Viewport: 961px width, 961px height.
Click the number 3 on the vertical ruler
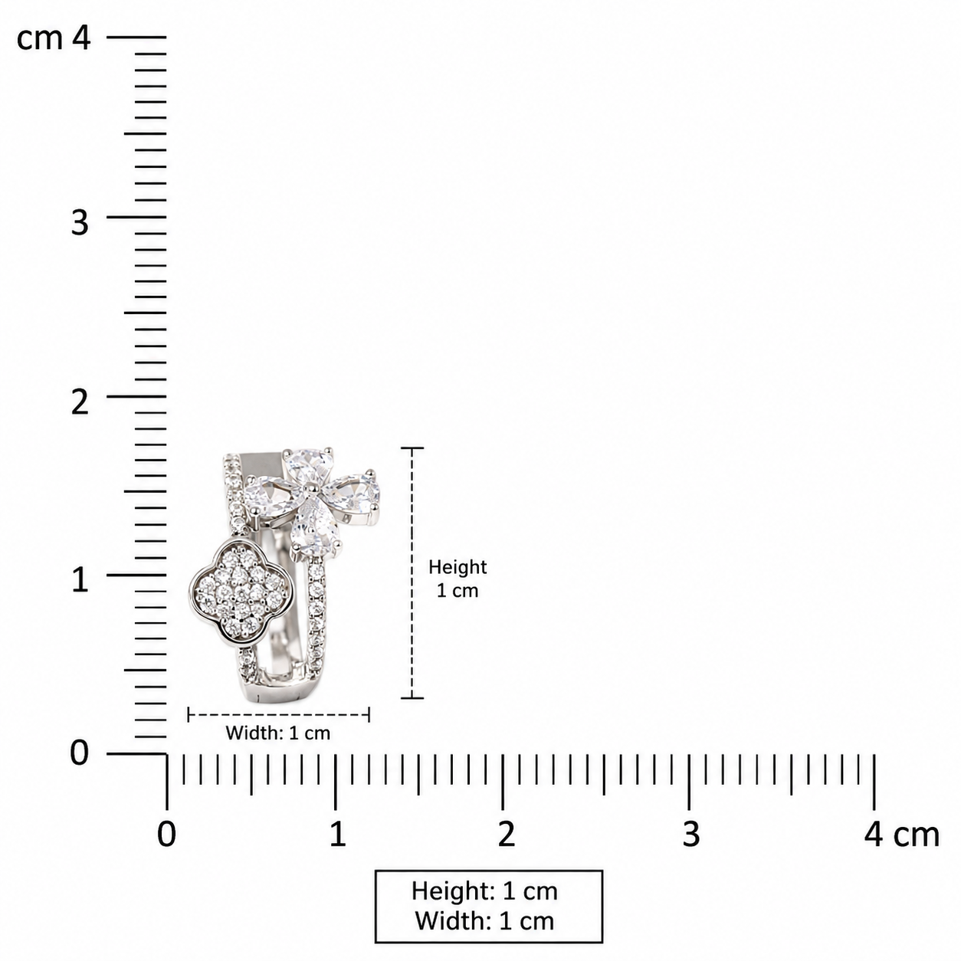[x=80, y=222]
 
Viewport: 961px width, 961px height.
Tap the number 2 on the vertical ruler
[x=80, y=402]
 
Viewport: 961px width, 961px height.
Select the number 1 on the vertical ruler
[x=80, y=580]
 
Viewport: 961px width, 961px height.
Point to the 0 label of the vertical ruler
[x=80, y=753]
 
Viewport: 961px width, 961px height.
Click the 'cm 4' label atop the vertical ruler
[x=54, y=38]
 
